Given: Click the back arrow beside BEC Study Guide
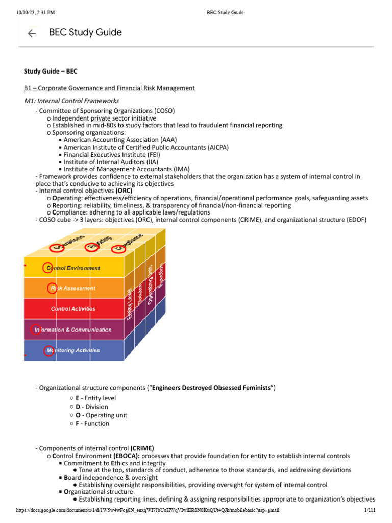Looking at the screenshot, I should [32, 33].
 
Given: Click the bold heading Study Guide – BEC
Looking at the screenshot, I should [51, 71].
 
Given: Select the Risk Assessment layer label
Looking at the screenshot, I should [72, 288].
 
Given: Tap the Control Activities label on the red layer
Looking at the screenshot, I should [73, 309].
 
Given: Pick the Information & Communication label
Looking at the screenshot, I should [73, 330].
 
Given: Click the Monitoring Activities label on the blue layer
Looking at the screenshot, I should [73, 350].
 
